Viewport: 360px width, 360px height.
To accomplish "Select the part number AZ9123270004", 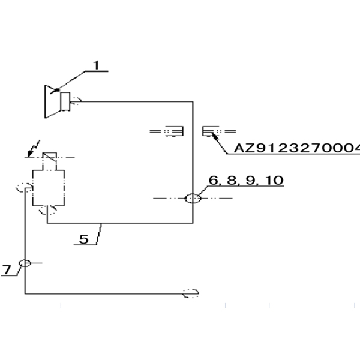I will point(296,148).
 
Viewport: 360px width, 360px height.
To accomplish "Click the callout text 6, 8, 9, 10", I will point(245,180).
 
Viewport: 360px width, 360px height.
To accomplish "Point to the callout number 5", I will point(84,239).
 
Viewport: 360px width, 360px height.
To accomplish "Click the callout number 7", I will point(7,271).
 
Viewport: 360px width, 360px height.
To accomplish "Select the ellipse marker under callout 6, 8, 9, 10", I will point(193,199).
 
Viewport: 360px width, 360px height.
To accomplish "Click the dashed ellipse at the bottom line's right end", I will point(191,293).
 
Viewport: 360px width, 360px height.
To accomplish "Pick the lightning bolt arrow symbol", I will point(34,147).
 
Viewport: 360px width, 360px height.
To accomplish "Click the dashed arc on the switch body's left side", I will point(22,188).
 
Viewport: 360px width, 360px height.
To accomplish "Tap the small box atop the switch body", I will point(49,158).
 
